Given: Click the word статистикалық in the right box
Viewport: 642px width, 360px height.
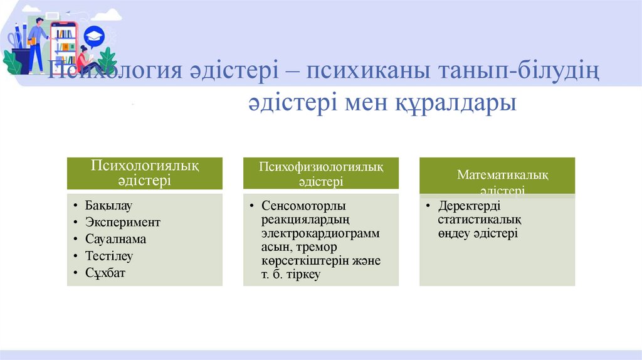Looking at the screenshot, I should [x=480, y=220].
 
